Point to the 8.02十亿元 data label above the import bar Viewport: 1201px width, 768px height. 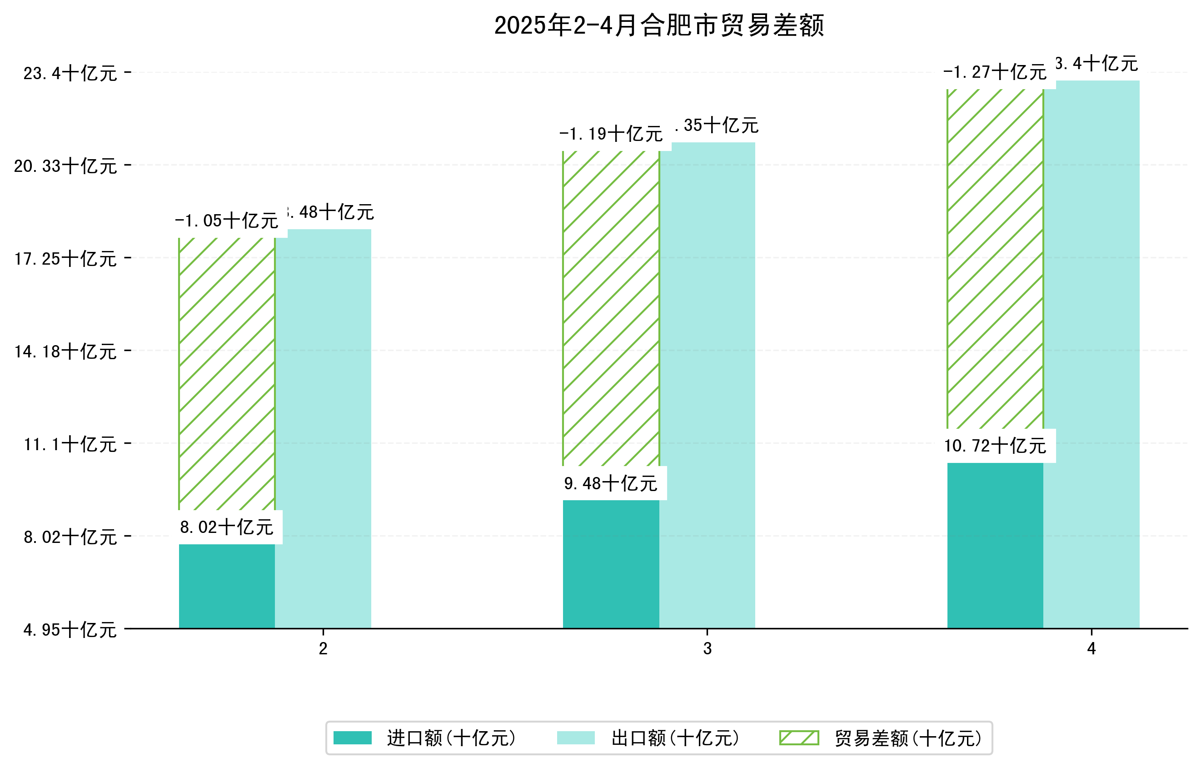tap(227, 527)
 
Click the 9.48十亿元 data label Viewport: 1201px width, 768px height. tap(611, 483)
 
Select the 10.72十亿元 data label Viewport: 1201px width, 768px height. tap(996, 446)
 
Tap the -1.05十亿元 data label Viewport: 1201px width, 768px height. tap(227, 221)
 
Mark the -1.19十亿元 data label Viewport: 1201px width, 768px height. tap(611, 134)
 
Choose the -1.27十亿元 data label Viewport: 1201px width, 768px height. tap(995, 72)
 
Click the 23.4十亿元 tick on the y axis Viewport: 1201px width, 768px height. tap(70, 73)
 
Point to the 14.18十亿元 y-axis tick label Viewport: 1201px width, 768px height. tap(65, 351)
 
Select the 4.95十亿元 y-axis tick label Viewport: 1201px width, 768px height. tap(70, 630)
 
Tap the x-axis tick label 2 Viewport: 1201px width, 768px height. tap(323, 649)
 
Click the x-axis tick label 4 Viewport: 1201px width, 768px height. tap(1091, 649)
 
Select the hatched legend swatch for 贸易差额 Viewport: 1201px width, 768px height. tap(799, 738)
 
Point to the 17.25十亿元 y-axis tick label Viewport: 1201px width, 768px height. tap(65, 258)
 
